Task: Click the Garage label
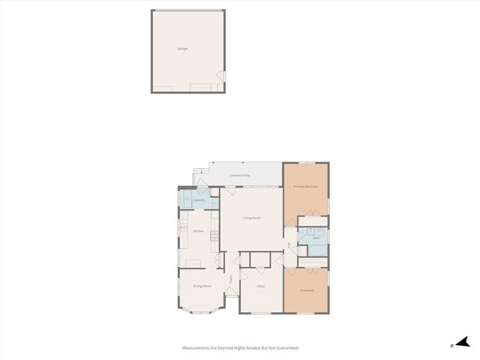tap(182, 49)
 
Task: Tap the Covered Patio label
tap(240, 175)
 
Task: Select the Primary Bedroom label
tap(306, 186)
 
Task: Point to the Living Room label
tap(251, 218)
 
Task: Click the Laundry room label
tap(199, 200)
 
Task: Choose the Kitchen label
tap(198, 231)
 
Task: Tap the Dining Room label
tap(202, 286)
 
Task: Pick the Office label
tap(261, 286)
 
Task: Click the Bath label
tap(316, 238)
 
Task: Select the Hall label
tap(289, 245)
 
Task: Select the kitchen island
tap(194, 262)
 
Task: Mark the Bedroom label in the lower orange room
tap(307, 290)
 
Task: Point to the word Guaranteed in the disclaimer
tap(287, 348)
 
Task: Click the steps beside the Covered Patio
tap(201, 177)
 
